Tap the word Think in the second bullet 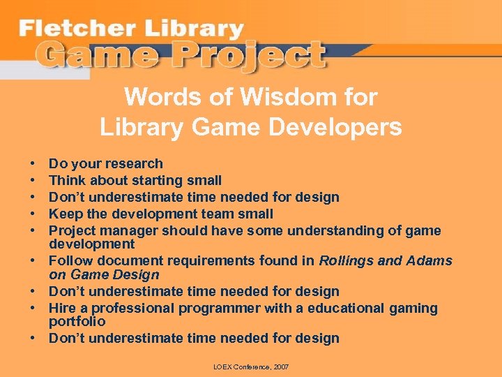click(66, 181)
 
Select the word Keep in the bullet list click(64, 214)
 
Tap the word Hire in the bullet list click(62, 309)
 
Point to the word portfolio click(77, 322)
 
